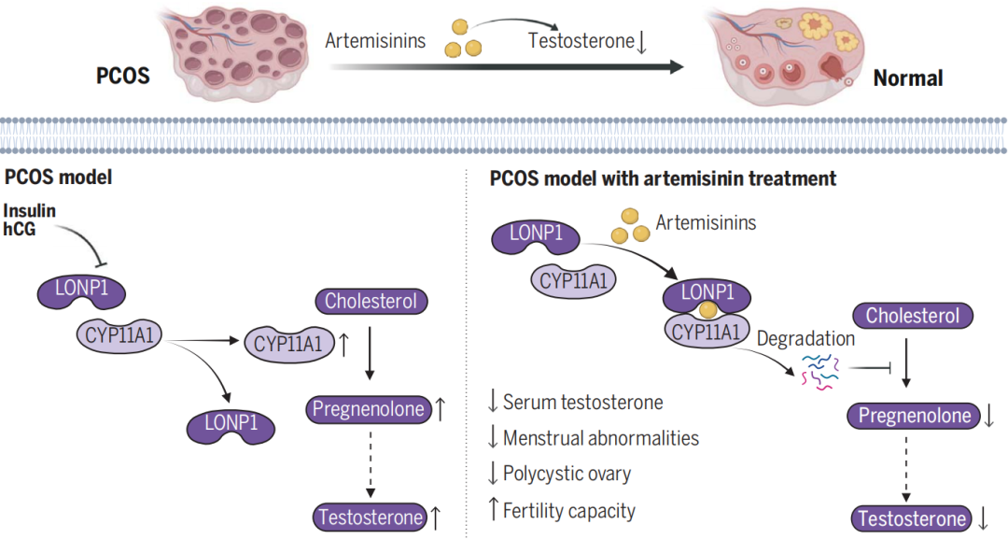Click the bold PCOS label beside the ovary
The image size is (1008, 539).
pos(123,76)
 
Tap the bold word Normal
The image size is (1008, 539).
pos(908,78)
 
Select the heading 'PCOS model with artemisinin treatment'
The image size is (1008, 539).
pos(663,178)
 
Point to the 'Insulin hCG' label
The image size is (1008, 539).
pos(29,220)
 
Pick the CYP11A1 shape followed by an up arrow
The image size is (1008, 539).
pos(289,344)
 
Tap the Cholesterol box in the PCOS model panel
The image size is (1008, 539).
pos(371,301)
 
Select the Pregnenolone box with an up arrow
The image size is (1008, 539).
pos(369,409)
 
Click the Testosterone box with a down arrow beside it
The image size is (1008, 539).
pos(912,518)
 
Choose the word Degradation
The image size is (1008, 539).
pos(805,338)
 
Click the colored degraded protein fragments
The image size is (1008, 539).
pos(820,371)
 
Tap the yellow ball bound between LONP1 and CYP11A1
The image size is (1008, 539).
pos(707,311)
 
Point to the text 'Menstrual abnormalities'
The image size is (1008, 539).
pos(601,438)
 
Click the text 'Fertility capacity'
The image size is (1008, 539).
pos(569,511)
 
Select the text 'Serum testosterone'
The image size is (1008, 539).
pos(583,402)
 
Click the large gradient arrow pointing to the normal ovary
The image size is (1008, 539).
pos(507,66)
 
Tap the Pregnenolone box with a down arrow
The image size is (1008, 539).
pos(915,416)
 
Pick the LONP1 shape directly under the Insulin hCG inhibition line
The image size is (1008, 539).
pos(81,291)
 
